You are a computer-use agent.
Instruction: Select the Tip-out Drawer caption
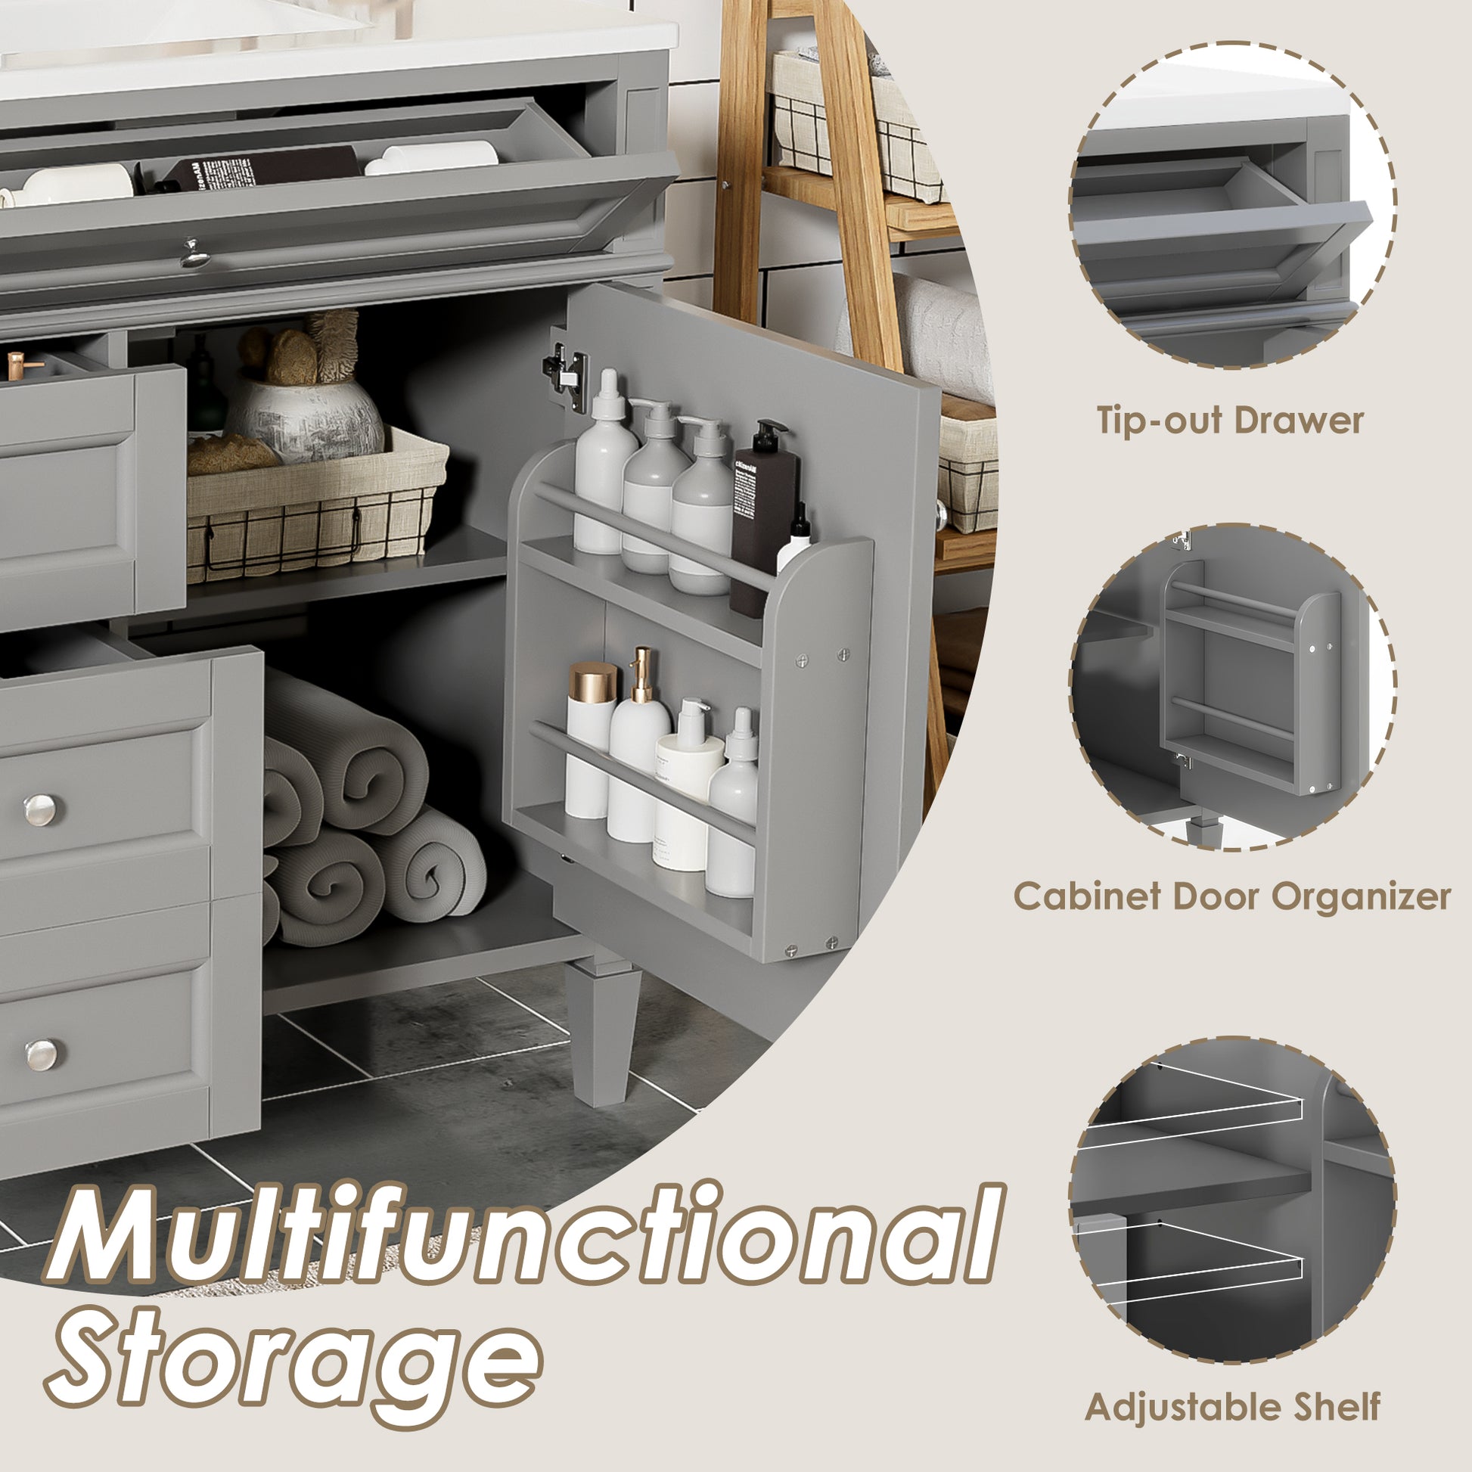click(x=1230, y=421)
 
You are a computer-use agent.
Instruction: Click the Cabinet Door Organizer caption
click(x=1231, y=896)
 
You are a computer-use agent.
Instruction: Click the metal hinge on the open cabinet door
click(x=566, y=371)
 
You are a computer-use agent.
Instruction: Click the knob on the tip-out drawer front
click(x=195, y=253)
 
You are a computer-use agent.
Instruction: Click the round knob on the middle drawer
click(x=39, y=810)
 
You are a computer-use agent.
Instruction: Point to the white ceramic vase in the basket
click(x=305, y=419)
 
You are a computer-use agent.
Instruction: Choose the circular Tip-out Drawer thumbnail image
click(x=1232, y=206)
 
